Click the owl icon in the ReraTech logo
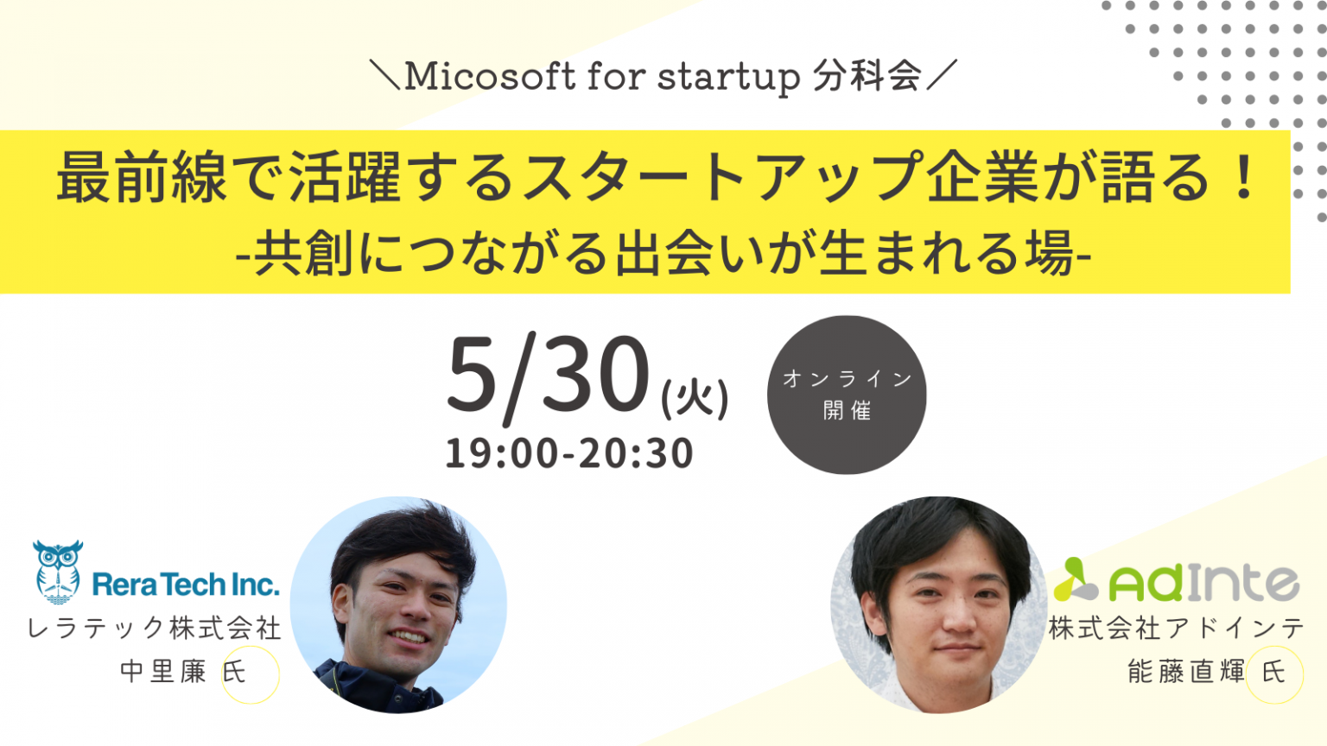pyautogui.click(x=58, y=572)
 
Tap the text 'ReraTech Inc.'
pyautogui.click(x=186, y=585)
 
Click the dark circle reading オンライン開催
pyautogui.click(x=847, y=395)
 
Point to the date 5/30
pyautogui.click(x=549, y=376)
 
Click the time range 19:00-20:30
pyautogui.click(x=569, y=453)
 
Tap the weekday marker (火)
pyautogui.click(x=695, y=399)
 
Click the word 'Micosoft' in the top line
pyautogui.click(x=489, y=76)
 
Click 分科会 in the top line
pyautogui.click(x=867, y=76)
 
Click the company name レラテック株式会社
pyautogui.click(x=154, y=628)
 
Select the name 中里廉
pyautogui.click(x=163, y=672)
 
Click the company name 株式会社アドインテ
pyautogui.click(x=1177, y=628)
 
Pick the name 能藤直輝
pyautogui.click(x=1186, y=672)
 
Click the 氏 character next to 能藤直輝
pyautogui.click(x=1273, y=672)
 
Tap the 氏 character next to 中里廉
pyautogui.click(x=234, y=672)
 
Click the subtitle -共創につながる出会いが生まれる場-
pyautogui.click(x=663, y=253)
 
